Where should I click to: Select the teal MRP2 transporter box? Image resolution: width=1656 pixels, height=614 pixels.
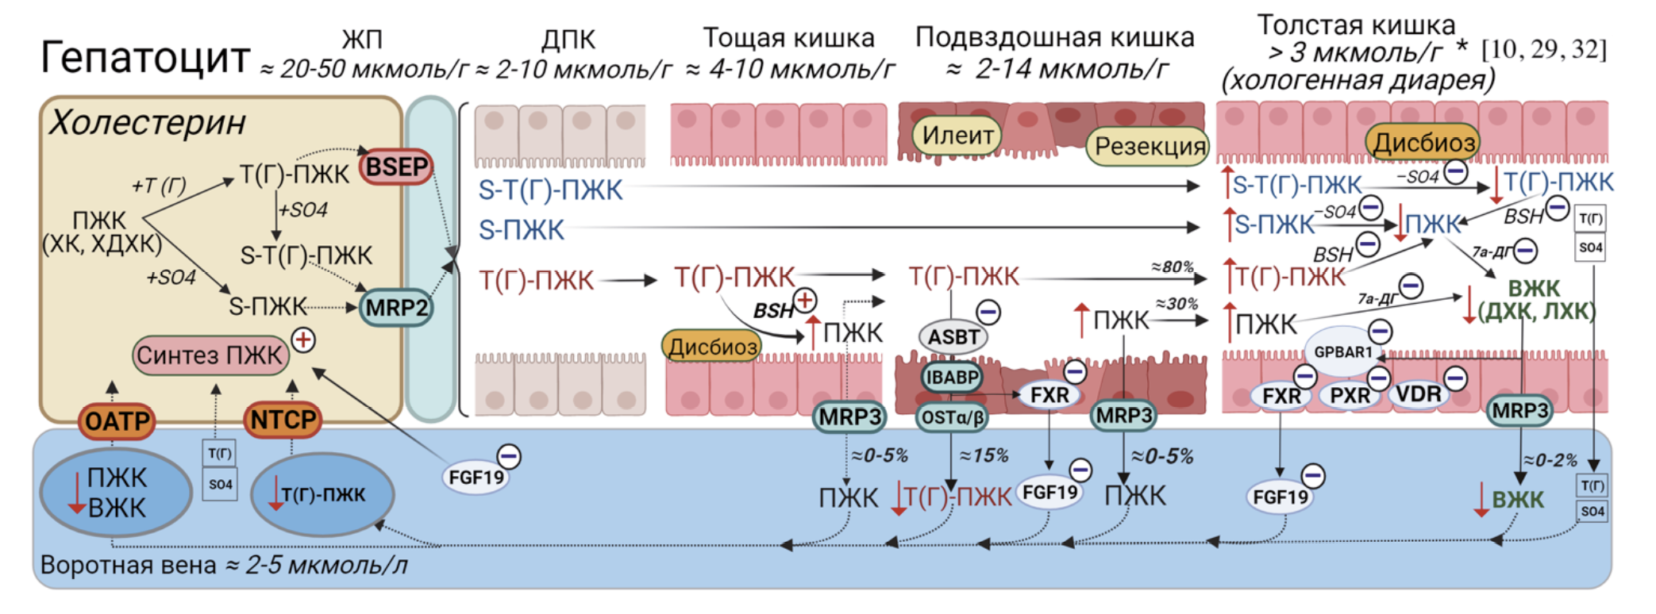tap(395, 308)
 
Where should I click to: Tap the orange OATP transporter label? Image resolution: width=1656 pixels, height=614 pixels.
tap(117, 421)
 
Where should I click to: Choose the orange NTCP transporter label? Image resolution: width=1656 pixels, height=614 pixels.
tap(283, 420)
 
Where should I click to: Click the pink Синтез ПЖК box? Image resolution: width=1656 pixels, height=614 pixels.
tap(210, 355)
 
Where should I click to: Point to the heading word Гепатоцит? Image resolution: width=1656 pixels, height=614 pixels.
tap(145, 57)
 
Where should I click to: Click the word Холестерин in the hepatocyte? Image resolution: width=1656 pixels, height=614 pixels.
tap(148, 123)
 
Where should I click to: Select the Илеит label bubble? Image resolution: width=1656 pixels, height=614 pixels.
tap(957, 136)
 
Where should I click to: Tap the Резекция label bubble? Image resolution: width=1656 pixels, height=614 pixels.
tap(1150, 146)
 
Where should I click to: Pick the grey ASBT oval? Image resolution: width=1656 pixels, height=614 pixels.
tap(953, 337)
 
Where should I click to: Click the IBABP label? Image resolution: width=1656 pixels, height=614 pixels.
tap(952, 378)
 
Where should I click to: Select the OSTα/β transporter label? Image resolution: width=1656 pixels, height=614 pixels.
tap(952, 416)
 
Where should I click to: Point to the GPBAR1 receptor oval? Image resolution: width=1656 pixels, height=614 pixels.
tap(1343, 351)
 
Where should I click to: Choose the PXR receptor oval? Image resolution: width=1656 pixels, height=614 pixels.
tap(1350, 395)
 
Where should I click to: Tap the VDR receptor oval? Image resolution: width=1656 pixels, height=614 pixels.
tap(1419, 394)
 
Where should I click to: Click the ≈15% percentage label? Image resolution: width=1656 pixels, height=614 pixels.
tap(984, 456)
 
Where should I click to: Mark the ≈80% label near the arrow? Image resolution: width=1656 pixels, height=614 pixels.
tap(1173, 267)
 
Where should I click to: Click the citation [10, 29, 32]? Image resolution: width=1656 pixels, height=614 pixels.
tap(1544, 50)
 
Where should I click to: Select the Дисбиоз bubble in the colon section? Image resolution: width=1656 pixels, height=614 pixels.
tap(1423, 143)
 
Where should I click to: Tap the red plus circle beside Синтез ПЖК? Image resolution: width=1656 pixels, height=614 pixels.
tap(303, 340)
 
